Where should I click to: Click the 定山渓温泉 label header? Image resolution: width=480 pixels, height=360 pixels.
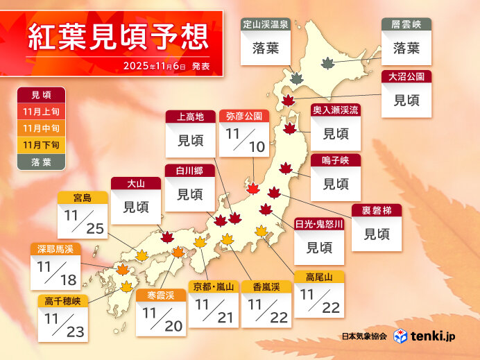click(x=266, y=24)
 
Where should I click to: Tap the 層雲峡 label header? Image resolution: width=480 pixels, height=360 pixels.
click(x=406, y=24)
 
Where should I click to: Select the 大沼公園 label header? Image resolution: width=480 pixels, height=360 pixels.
click(x=406, y=76)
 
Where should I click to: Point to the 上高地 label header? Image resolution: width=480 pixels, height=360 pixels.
click(x=190, y=117)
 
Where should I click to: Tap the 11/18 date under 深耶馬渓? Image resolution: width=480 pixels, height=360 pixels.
click(x=55, y=272)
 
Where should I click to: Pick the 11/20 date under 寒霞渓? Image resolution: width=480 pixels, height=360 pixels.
click(x=160, y=318)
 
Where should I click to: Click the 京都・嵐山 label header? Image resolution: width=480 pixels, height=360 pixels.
click(x=214, y=286)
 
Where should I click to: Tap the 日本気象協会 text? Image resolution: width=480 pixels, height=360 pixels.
click(x=364, y=336)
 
